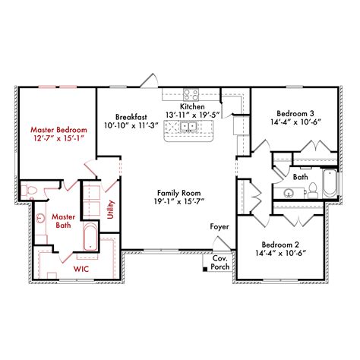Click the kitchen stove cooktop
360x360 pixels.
pyautogui.click(x=191, y=96)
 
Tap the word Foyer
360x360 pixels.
pyautogui.click(x=219, y=227)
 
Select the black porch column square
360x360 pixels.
pyautogui.click(x=206, y=267)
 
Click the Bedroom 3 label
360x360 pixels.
pyautogui.click(x=291, y=113)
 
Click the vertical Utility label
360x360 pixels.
pyautogui.click(x=111, y=208)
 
